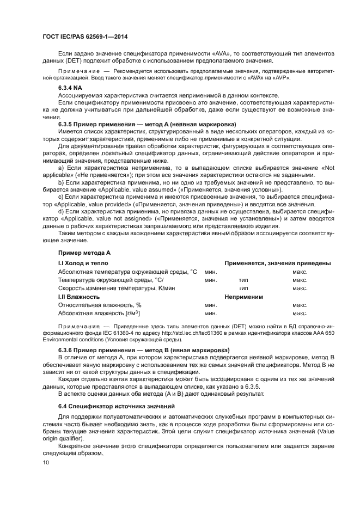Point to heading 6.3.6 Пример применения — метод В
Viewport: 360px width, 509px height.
click(143, 349)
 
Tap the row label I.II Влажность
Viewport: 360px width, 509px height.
click(79, 297)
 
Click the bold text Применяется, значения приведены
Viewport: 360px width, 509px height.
click(278, 263)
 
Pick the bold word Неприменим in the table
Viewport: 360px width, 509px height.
click(244, 297)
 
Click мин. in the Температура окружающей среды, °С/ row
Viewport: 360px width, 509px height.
click(211, 280)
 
